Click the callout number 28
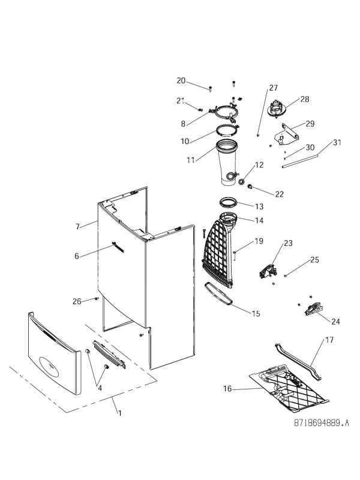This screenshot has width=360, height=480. (305, 99)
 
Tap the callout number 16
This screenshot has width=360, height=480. (228, 389)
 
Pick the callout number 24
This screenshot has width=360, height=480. (335, 321)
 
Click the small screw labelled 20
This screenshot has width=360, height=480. (211, 89)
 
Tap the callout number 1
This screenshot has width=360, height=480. (119, 413)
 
